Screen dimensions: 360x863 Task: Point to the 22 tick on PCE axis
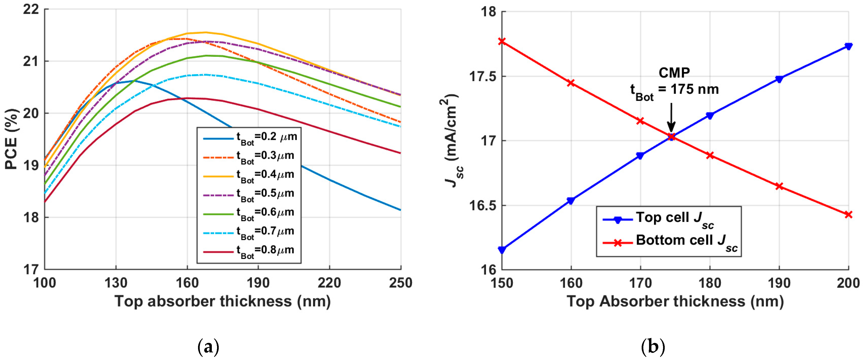31,9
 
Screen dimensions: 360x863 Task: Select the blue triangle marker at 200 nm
848,46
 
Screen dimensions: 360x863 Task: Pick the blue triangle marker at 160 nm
571,200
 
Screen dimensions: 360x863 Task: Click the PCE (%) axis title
12,139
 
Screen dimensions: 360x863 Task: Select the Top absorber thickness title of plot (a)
223,301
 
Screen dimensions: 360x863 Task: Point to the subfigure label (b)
652,347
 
